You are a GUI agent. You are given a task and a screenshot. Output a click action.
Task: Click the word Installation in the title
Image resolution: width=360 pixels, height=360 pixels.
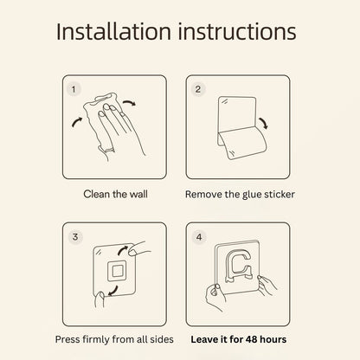click(x=113, y=31)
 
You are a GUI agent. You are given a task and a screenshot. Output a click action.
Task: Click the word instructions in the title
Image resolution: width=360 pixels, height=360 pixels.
click(x=237, y=31)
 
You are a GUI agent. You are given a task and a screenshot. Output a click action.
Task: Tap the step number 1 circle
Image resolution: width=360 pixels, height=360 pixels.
click(x=74, y=89)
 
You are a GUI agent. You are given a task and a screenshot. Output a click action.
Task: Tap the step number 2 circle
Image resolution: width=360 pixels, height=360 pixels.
click(x=197, y=89)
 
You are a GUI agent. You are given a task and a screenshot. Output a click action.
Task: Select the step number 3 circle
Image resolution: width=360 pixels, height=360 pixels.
click(x=75, y=237)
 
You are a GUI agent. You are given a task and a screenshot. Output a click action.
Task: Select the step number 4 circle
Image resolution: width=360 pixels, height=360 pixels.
click(x=199, y=237)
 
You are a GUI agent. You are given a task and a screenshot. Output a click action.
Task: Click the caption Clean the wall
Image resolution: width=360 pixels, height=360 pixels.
click(x=115, y=194)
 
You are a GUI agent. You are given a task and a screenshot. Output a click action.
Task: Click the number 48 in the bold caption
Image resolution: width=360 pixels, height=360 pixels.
click(x=251, y=339)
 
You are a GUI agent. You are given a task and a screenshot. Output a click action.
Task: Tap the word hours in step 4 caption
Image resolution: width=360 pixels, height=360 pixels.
click(x=273, y=339)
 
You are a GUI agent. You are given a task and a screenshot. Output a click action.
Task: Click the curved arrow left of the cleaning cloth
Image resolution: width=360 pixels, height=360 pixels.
click(x=77, y=122)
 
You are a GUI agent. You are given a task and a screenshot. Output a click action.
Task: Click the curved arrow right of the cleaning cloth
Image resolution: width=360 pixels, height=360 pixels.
click(x=129, y=102)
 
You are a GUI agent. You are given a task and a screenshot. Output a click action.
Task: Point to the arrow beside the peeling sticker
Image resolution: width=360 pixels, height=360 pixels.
click(x=264, y=123)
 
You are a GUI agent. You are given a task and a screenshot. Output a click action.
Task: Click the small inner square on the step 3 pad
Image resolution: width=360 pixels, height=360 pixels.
click(x=117, y=271)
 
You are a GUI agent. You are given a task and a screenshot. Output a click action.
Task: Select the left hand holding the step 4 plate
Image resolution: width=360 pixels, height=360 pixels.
click(x=215, y=297)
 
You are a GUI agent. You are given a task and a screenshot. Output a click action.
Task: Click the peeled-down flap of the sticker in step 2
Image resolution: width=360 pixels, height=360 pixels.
click(x=241, y=143)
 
